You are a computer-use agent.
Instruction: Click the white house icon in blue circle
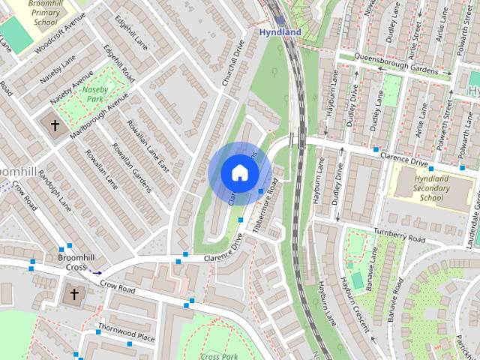(239, 172)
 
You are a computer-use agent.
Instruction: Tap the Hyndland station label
(280, 33)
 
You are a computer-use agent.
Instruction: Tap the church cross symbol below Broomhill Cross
(73, 292)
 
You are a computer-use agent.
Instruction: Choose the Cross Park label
(219, 356)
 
